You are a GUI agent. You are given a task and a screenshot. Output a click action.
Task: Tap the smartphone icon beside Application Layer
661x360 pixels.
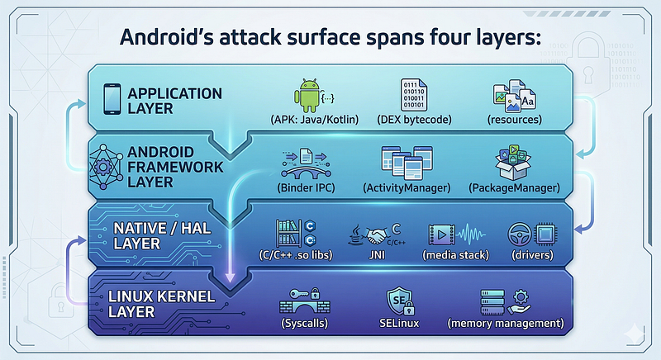tap(112, 99)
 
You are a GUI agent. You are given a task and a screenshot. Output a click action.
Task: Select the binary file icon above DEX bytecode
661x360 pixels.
tap(414, 95)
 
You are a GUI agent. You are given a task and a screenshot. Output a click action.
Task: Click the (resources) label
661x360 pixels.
tap(514, 120)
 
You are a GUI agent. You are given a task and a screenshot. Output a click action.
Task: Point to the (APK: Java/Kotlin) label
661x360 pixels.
tap(315, 120)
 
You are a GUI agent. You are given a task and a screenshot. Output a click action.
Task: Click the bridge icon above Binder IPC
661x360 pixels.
tap(306, 163)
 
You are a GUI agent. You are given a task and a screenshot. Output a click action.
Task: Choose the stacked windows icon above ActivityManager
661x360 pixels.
tap(407, 163)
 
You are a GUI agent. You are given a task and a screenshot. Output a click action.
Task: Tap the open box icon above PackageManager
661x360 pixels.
tap(513, 163)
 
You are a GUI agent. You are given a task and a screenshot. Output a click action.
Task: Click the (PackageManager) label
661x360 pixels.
tap(514, 187)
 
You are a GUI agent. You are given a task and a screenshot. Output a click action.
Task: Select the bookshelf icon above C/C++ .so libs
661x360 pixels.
tap(288, 233)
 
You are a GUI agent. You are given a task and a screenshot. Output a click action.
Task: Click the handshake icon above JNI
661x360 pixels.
tap(378, 236)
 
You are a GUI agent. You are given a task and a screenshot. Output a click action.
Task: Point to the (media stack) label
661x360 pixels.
tap(456, 255)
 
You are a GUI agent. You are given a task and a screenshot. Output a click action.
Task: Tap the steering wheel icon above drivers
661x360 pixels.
tap(520, 234)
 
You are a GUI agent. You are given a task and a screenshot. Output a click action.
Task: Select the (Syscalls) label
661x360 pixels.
tap(305, 324)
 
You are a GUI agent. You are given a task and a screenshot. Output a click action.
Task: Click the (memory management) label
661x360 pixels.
tap(506, 324)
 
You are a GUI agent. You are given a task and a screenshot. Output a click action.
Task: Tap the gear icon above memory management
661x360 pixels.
tap(521, 297)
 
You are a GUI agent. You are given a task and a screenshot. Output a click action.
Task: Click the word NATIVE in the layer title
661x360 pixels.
tap(140, 229)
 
